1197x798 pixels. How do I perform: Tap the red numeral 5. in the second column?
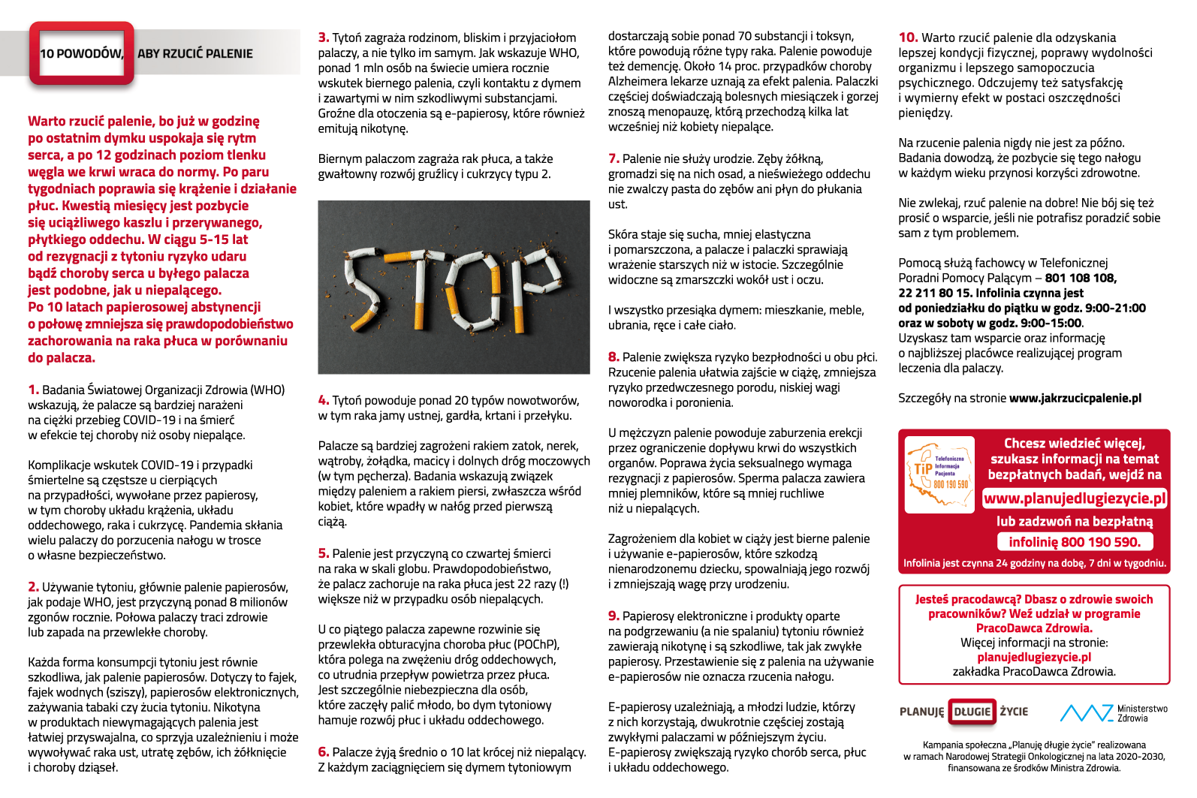[x=324, y=553]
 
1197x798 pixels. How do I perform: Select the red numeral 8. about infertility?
[x=614, y=357]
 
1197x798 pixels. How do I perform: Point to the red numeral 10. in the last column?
[x=908, y=38]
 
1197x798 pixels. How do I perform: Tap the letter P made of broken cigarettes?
[x=535, y=279]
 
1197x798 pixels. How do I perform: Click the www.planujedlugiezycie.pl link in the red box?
[x=1075, y=498]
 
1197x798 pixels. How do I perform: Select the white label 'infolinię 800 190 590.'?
[x=1075, y=542]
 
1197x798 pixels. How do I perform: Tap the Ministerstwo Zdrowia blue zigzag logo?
[x=1085, y=712]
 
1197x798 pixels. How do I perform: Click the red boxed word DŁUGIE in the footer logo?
[x=972, y=712]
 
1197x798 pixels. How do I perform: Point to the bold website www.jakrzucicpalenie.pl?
[x=1075, y=398]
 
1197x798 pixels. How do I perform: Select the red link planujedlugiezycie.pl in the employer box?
[x=1034, y=657]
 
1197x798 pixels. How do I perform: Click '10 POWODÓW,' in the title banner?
[x=81, y=53]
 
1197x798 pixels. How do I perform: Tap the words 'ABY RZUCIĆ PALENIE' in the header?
[x=194, y=53]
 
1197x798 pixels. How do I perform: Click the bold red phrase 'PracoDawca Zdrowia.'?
[x=1034, y=628]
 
